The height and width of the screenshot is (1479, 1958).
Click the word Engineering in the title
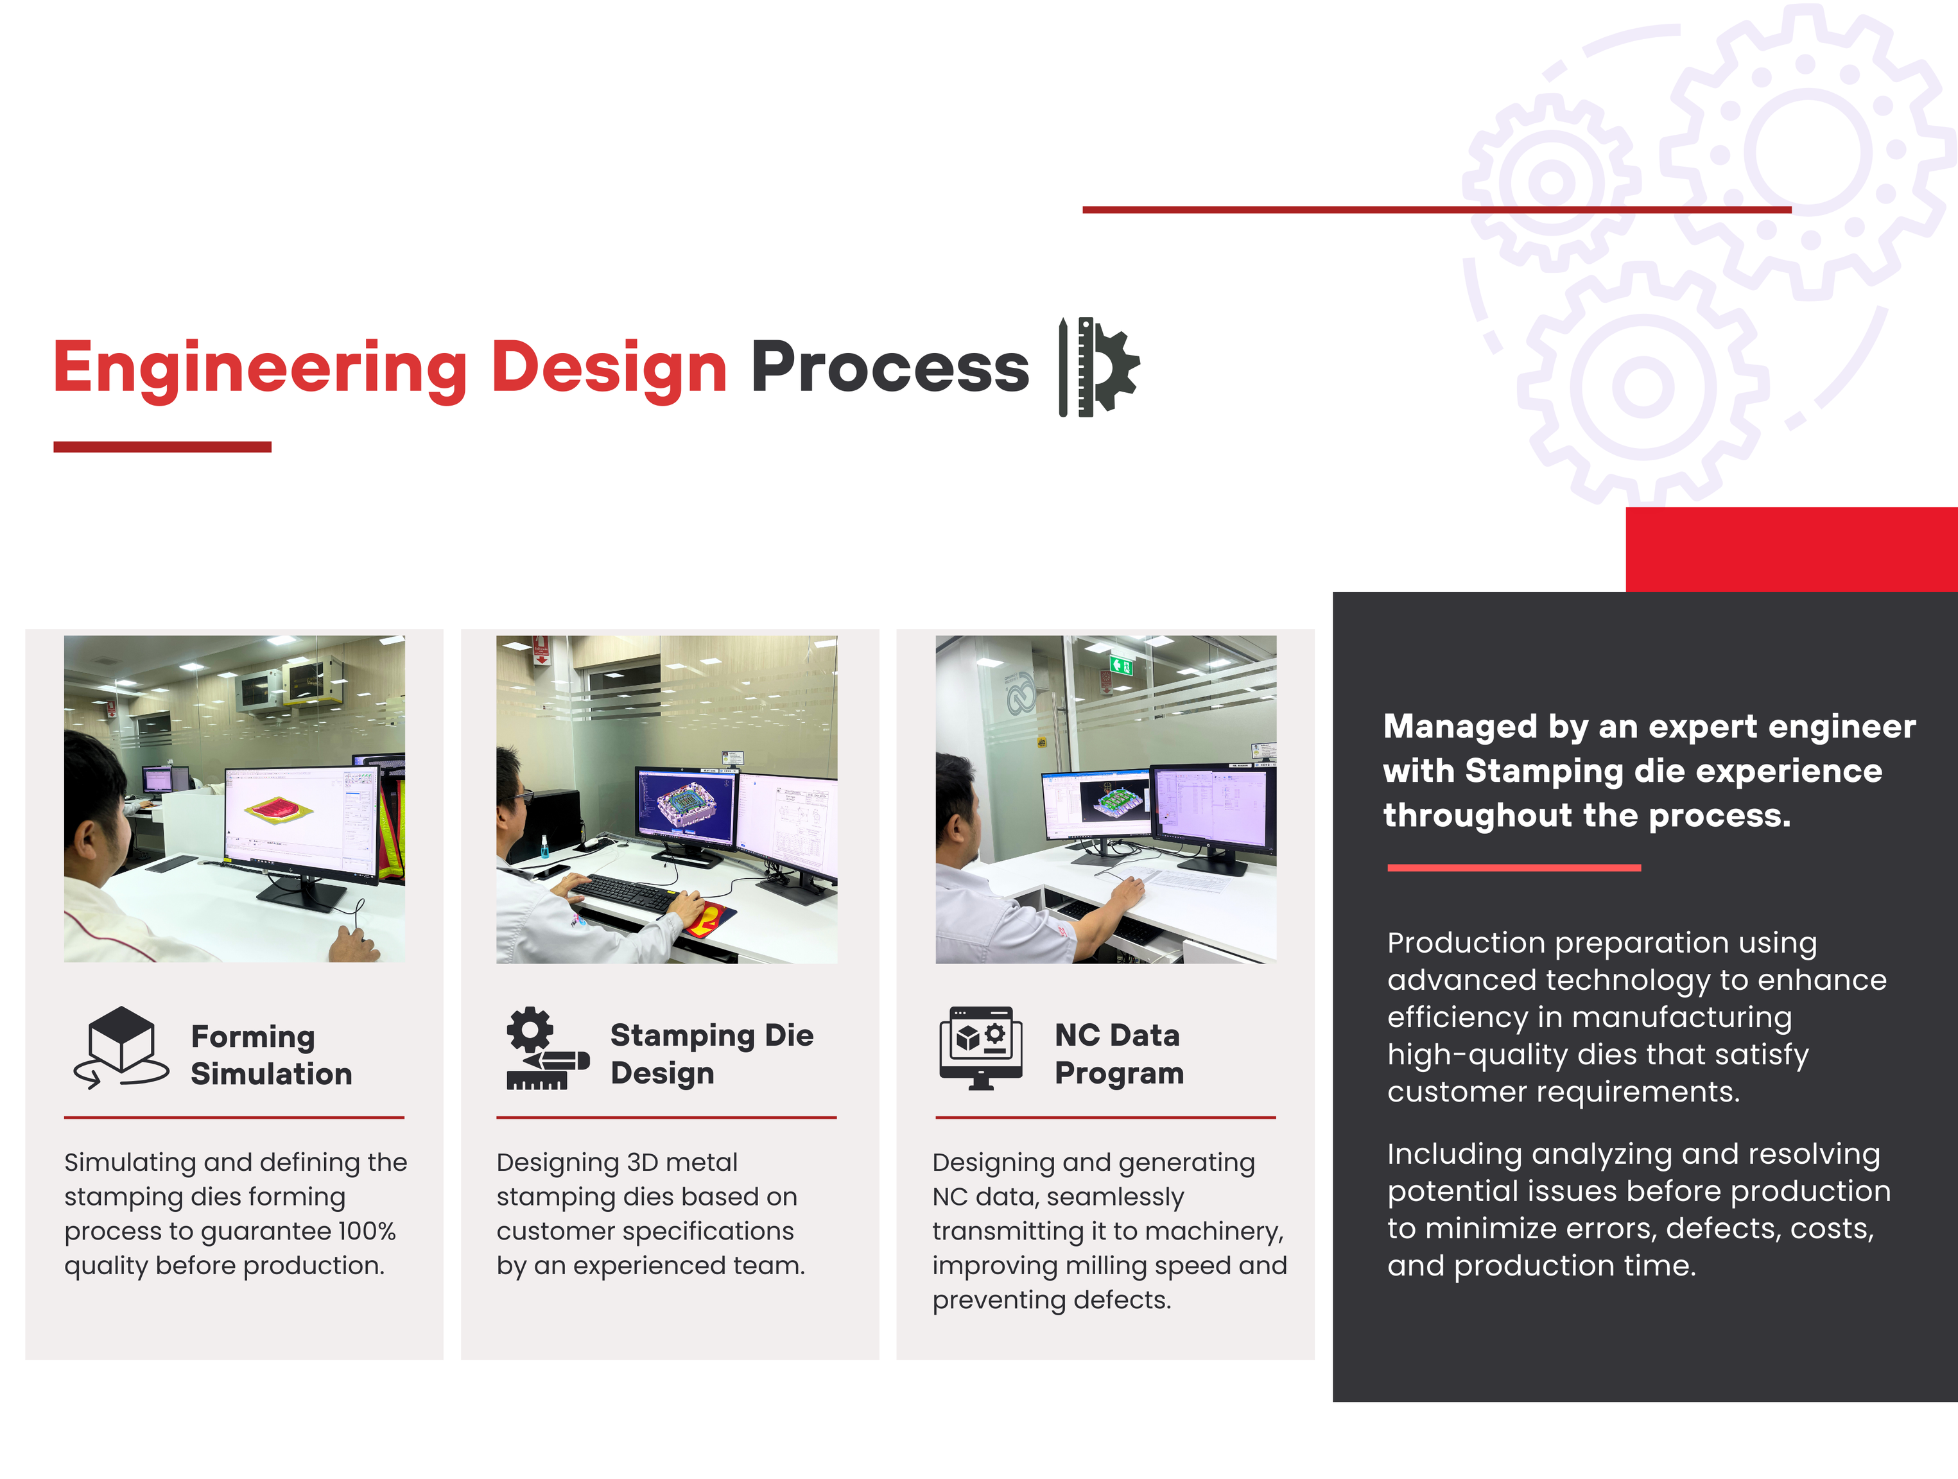tap(259, 370)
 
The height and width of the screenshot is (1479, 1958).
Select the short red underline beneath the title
tap(162, 447)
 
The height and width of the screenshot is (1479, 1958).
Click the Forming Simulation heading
tap(271, 1055)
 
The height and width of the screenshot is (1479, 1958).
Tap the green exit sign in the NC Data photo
tap(1122, 664)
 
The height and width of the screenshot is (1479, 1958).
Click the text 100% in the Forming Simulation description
tap(367, 1231)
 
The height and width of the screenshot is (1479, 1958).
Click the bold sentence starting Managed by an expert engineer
tap(1649, 771)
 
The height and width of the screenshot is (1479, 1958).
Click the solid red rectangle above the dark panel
tap(1792, 549)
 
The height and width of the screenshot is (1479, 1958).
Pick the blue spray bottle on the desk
tap(544, 846)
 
